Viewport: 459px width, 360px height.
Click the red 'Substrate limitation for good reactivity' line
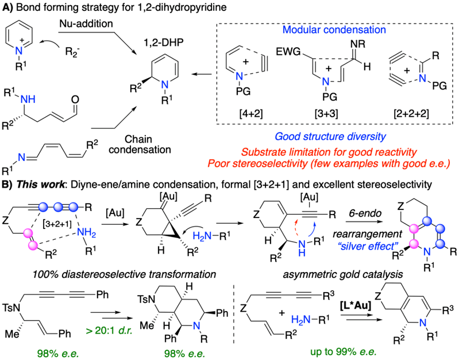coord(338,153)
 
